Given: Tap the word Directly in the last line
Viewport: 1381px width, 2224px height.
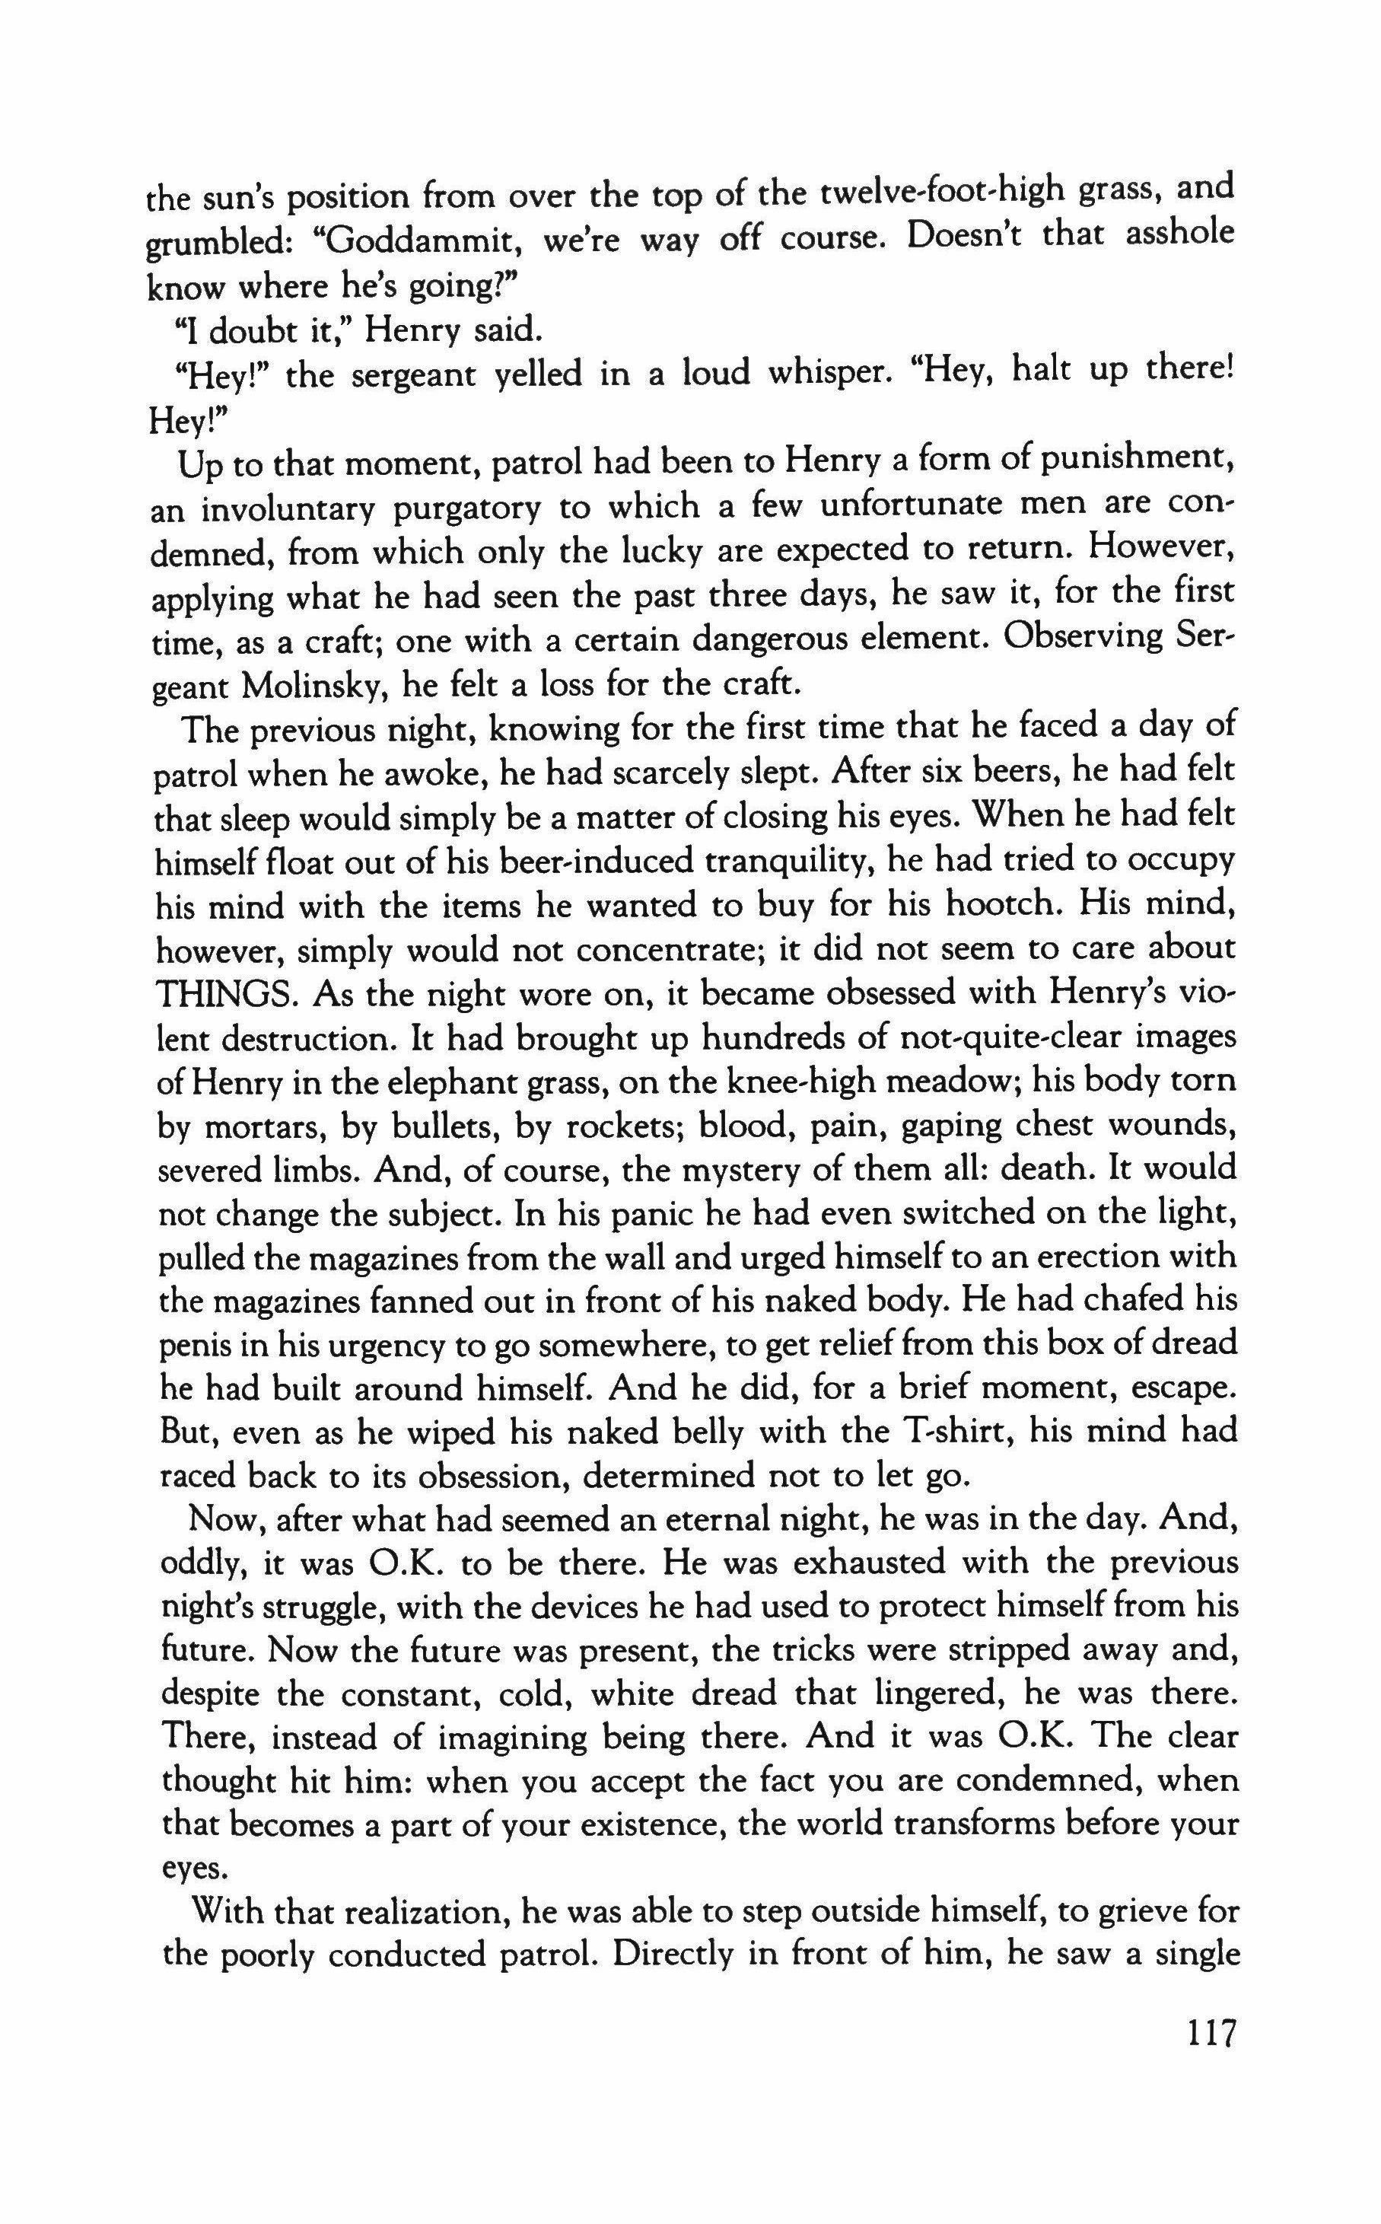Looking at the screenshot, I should click(691, 1955).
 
